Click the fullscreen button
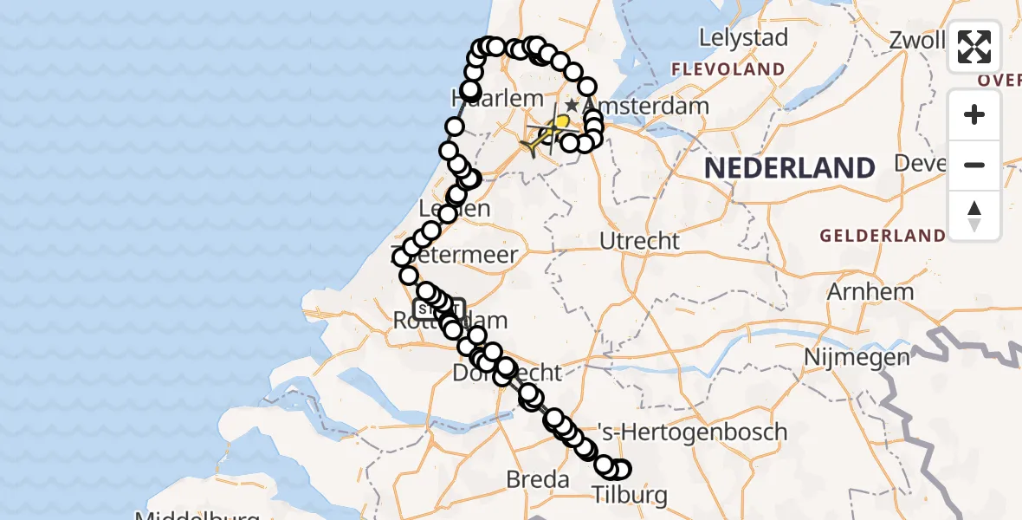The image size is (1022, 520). point(974,47)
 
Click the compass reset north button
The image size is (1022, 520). point(974,216)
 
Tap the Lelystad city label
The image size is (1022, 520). point(743,38)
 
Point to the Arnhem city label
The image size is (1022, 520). point(870,291)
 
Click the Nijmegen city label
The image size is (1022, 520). point(857,356)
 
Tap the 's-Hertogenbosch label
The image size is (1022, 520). point(692,432)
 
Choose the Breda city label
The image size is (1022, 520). point(537,479)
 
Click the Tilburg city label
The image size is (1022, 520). point(630,495)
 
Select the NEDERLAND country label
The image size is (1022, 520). point(789,167)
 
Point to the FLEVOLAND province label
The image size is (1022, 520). point(728,69)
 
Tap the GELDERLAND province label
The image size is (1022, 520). point(883,236)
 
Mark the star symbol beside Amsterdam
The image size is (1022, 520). point(572,106)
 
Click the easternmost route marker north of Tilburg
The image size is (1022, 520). point(620,470)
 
